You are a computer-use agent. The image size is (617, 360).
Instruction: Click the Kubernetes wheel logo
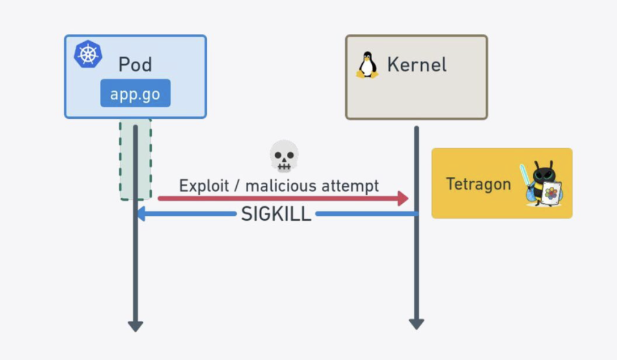point(88,54)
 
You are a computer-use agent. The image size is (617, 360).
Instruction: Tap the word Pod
point(135,64)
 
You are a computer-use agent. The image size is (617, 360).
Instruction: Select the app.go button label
point(136,93)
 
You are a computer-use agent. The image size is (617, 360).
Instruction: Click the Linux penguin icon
point(366,65)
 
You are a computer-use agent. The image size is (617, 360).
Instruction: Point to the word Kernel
point(417,64)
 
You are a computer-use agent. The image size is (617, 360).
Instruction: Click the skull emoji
point(284,156)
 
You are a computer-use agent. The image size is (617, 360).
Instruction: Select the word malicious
point(280,185)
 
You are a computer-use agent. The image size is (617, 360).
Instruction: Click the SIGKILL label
point(276,214)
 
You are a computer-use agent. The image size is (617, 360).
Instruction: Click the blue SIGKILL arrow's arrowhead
point(141,213)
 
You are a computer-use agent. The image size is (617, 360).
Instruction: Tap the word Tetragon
point(478,184)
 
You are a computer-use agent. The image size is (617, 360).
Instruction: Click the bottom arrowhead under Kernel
point(416,324)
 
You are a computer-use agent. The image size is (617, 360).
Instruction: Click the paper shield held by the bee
point(551,193)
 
